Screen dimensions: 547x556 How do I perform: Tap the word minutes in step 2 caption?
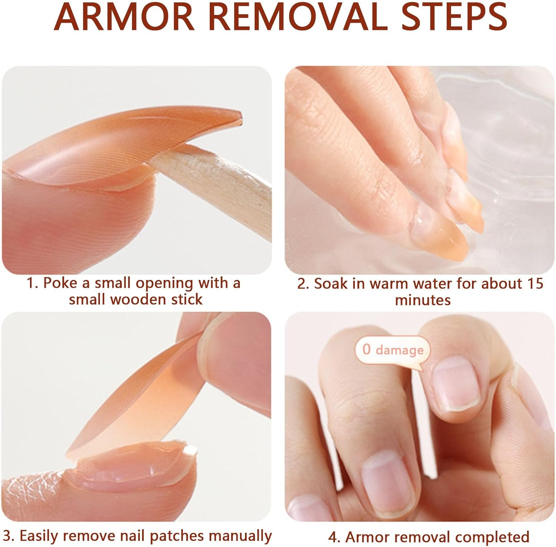(423, 300)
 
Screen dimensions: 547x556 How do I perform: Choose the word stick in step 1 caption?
(186, 299)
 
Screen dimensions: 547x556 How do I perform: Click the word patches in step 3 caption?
(177, 536)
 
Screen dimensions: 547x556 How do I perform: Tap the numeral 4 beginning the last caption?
(332, 537)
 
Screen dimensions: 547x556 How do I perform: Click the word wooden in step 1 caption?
(139, 299)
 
